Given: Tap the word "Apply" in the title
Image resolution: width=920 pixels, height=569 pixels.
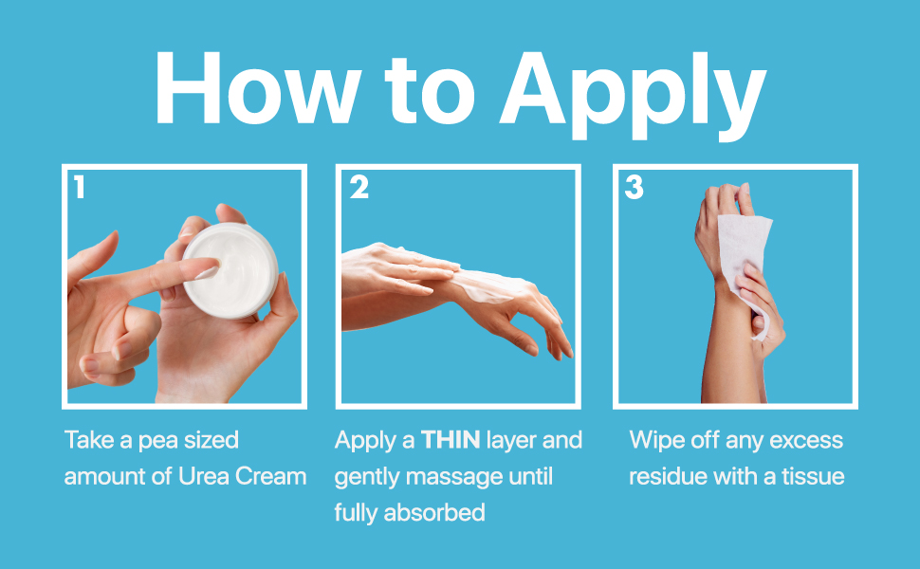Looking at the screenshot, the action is [x=633, y=96].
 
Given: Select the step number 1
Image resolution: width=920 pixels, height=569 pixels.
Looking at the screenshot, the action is [x=80, y=187].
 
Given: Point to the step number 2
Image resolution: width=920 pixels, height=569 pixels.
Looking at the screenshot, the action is [x=359, y=187].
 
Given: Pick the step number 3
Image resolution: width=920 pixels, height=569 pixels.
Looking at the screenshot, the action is [x=635, y=187].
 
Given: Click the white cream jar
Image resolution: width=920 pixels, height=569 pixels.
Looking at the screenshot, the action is [x=230, y=270].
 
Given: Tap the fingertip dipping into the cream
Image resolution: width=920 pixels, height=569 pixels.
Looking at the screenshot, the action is [x=207, y=271].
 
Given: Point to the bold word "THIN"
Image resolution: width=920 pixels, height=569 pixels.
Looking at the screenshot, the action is [x=451, y=440].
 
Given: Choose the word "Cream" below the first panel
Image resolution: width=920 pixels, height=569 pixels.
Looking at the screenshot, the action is [x=270, y=476].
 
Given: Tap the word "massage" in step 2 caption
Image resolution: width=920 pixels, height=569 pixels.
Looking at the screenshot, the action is [x=454, y=478].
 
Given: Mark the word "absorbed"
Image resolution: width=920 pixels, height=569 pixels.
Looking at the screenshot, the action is [x=434, y=513].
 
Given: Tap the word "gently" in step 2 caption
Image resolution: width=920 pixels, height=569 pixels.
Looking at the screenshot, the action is [x=367, y=478].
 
